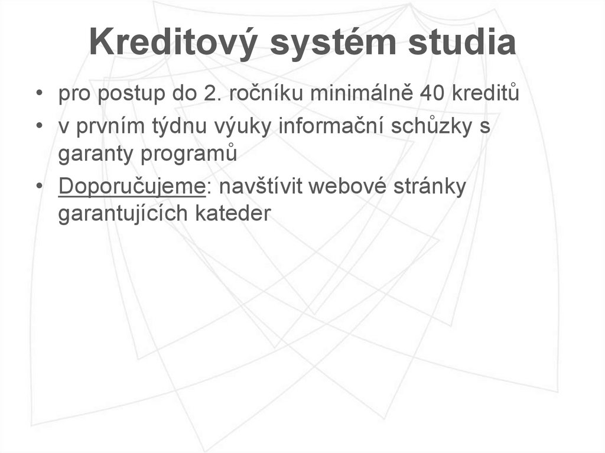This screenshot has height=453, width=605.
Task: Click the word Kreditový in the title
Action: click(168, 44)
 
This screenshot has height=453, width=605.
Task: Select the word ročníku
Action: click(261, 94)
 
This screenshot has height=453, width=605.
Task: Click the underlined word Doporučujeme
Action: click(131, 186)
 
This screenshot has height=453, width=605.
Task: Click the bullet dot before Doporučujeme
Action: click(38, 187)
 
